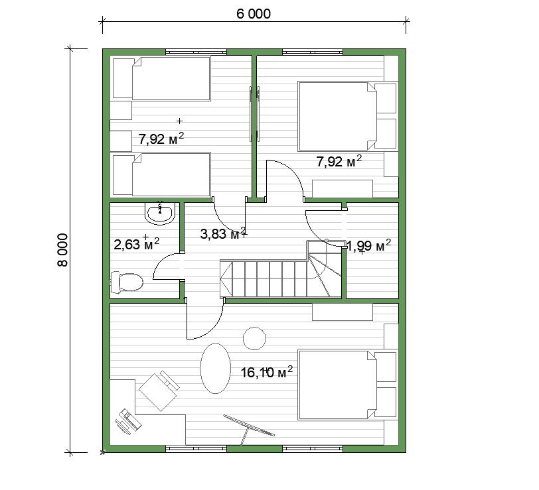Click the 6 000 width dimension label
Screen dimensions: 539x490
point(254,14)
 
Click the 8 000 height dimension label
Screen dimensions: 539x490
point(63,250)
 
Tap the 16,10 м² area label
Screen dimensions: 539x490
point(267,371)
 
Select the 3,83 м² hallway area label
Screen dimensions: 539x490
point(223,233)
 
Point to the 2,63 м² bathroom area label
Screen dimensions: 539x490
point(137,243)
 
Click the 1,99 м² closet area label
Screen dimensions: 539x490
point(369,245)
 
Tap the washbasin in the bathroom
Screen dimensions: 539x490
point(160,214)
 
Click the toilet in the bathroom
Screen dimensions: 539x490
point(127,282)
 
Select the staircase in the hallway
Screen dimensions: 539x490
point(281,269)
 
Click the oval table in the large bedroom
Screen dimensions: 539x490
point(216,368)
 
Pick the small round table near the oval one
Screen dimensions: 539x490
point(254,338)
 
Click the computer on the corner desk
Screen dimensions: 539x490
point(129,420)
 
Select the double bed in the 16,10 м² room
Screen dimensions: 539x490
point(348,385)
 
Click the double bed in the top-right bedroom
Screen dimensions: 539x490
point(348,116)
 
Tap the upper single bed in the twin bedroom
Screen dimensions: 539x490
point(161,79)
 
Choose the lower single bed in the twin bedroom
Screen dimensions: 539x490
point(161,174)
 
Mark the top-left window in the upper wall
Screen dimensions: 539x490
point(196,52)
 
